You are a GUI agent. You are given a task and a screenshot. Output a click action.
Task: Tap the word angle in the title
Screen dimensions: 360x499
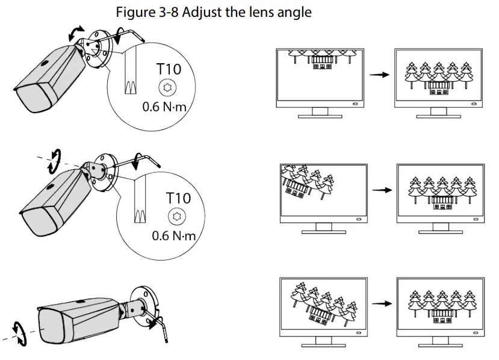point(291,12)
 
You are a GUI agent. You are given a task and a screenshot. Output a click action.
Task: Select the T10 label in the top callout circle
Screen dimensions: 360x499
point(169,69)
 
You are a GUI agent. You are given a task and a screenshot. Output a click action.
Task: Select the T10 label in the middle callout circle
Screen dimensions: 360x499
point(178,197)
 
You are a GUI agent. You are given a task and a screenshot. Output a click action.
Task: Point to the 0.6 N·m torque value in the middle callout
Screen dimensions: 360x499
point(174,235)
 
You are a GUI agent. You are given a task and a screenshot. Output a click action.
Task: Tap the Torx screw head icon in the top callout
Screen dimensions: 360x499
point(168,88)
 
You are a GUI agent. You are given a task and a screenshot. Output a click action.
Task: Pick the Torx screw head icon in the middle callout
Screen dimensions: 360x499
point(178,216)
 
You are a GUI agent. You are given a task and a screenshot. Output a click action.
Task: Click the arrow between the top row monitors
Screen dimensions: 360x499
point(377,75)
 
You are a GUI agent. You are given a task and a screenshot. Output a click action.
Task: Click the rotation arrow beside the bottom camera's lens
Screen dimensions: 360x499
point(20,333)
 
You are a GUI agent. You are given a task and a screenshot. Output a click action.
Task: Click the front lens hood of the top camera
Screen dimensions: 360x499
point(29,96)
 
